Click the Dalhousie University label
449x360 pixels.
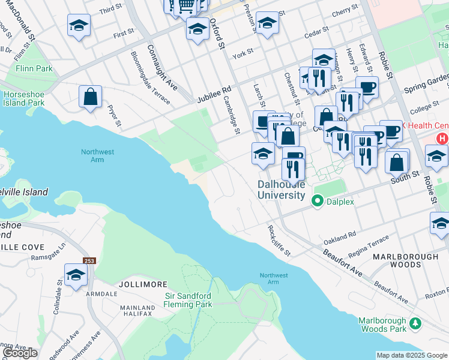coord(281,190)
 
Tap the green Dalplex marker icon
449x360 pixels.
coord(318,202)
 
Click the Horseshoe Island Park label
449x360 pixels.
coord(24,98)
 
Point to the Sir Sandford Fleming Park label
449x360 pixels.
coord(188,300)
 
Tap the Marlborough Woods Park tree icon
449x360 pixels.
coord(415,324)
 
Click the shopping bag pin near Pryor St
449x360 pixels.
coord(90,97)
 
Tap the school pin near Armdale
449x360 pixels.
coord(76,275)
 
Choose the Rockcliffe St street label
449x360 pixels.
coord(279,241)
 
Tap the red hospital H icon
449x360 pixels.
coord(443,139)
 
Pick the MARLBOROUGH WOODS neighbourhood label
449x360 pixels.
coord(405,260)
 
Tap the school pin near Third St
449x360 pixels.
coord(79,25)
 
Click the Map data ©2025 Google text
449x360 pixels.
coord(412,355)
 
